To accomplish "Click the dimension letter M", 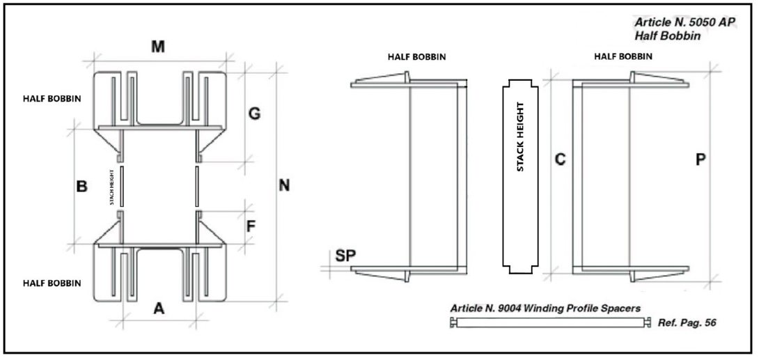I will [x=158, y=47].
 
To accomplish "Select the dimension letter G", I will [x=255, y=114].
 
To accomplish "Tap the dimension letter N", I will [x=283, y=186].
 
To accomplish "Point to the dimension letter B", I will [x=81, y=187].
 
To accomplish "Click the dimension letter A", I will [x=159, y=309].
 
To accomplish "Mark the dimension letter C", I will [x=559, y=159].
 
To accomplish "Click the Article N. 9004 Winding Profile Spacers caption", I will [x=545, y=308].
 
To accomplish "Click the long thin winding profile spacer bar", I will [x=550, y=322].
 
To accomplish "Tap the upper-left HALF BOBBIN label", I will [x=52, y=98].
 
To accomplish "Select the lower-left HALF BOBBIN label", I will [x=52, y=283].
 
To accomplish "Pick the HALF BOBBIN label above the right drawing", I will [x=623, y=56].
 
